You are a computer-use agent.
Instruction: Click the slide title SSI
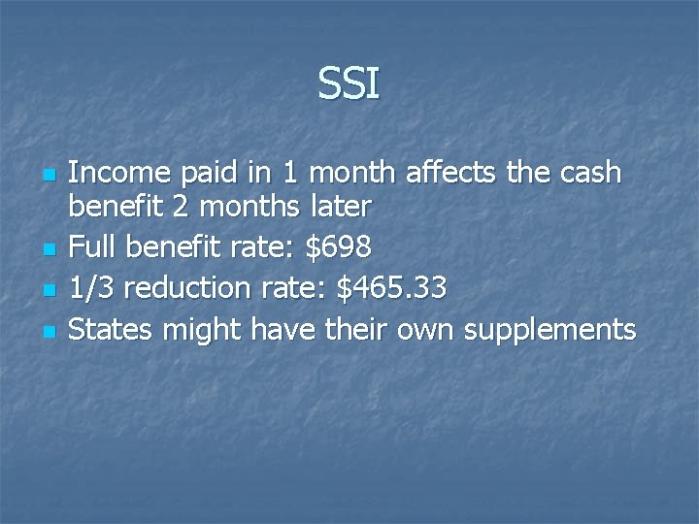click(349, 85)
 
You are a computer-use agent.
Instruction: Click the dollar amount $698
click(338, 247)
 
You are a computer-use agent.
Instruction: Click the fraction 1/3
click(92, 288)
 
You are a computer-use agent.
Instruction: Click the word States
click(111, 330)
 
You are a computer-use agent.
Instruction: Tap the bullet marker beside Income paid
click(47, 177)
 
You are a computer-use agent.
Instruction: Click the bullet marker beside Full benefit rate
click(47, 250)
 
